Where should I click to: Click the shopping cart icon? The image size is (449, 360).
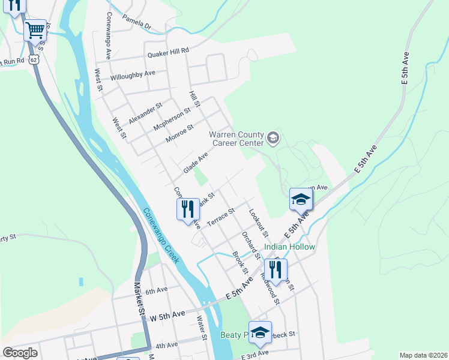click(x=35, y=29)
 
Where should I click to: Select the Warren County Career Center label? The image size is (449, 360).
click(x=237, y=139)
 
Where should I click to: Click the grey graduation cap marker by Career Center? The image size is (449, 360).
click(x=273, y=139)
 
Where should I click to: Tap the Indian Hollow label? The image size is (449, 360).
click(x=291, y=247)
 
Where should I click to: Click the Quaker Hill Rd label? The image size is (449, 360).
click(x=168, y=53)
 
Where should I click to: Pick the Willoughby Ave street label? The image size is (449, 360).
click(x=133, y=76)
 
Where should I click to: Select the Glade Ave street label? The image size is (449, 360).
click(x=195, y=163)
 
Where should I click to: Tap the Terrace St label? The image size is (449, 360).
click(x=220, y=218)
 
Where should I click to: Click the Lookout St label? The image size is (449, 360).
click(x=259, y=223)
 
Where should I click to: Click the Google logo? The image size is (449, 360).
click(x=20, y=353)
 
